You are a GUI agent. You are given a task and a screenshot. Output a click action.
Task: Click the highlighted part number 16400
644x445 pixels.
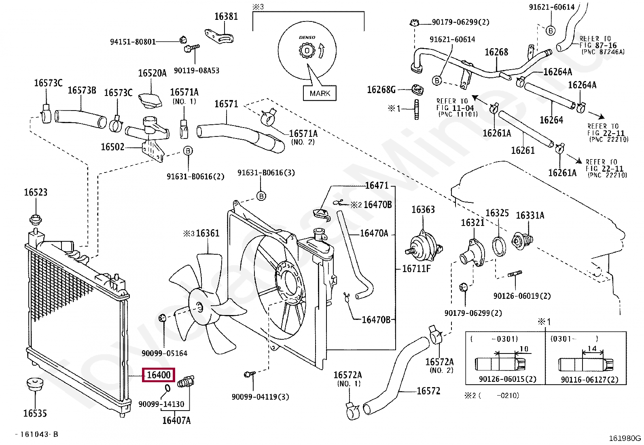[x=159, y=375]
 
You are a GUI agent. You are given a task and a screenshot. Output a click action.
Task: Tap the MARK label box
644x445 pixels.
[x=320, y=94]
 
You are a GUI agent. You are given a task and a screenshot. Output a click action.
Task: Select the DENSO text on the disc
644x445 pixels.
[x=307, y=38]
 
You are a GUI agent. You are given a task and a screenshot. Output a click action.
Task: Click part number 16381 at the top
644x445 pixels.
[x=226, y=17]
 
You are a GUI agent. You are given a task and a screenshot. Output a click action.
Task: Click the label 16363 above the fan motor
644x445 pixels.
[x=423, y=210]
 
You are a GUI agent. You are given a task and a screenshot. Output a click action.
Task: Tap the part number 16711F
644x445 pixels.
[x=417, y=268]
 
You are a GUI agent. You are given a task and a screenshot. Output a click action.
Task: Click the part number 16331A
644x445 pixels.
[x=530, y=215]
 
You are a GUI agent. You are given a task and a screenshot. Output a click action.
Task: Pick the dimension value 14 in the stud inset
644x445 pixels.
[x=592, y=349]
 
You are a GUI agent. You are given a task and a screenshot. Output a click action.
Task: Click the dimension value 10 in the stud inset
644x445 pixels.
[x=524, y=349]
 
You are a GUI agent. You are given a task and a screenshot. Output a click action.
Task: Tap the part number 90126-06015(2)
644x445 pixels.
[x=507, y=379]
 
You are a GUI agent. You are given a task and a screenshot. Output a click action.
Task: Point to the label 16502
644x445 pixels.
[x=112, y=147]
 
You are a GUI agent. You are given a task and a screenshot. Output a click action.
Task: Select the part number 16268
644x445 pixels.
[x=496, y=52]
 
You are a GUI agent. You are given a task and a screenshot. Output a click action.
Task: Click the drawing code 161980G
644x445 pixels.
[x=625, y=438]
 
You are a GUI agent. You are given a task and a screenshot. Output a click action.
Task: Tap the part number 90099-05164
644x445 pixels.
[x=164, y=353]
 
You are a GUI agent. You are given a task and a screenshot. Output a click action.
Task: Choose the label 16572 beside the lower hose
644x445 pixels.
[x=428, y=391]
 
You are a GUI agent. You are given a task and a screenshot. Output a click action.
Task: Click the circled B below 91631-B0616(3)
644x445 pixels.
[x=261, y=196]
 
